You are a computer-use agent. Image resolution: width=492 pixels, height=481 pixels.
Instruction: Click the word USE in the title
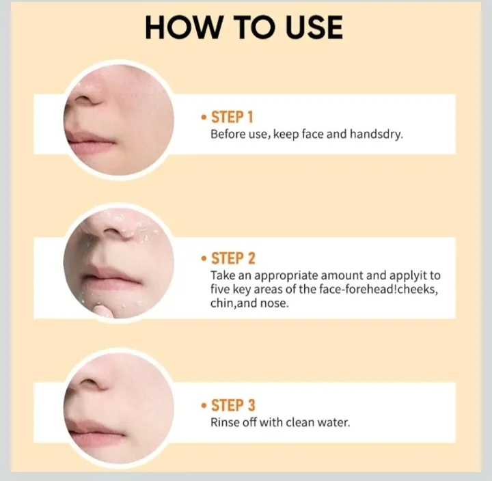pos(314,27)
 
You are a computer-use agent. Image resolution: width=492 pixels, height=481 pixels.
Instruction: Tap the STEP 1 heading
pos(232,118)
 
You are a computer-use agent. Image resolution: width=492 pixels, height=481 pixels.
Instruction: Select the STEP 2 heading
pos(233,258)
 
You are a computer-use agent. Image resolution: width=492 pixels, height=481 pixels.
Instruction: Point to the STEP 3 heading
pos(233,405)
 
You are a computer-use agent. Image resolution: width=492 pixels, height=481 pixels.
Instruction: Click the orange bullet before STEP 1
pos(204,118)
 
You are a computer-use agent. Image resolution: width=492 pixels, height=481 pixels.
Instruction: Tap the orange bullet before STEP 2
pos(204,259)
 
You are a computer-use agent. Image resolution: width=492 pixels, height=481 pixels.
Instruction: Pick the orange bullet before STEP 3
pos(204,405)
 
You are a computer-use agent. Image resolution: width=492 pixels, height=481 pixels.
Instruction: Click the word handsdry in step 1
pos(377,135)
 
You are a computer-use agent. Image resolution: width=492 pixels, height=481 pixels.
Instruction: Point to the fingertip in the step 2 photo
pos(102,312)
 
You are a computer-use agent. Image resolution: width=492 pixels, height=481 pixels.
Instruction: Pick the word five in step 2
pos(219,289)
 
